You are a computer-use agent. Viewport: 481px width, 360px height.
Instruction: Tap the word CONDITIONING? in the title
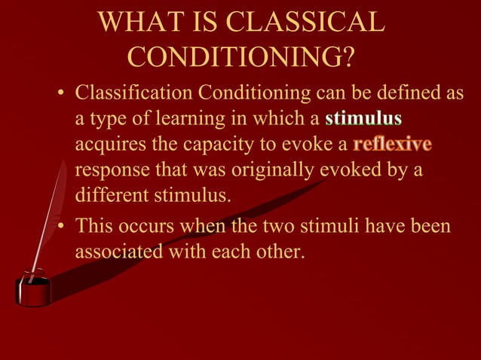(241, 56)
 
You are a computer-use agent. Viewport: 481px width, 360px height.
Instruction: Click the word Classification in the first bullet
(133, 93)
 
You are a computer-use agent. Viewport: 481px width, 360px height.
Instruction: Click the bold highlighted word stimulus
(363, 119)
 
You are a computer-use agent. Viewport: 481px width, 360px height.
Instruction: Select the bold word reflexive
(392, 144)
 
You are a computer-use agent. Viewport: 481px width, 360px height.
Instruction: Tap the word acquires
(109, 145)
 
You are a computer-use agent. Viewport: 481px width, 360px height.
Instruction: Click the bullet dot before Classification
(63, 95)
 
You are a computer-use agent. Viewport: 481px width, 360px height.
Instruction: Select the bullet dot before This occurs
(63, 226)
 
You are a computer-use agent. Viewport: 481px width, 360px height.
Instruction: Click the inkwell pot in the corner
(33, 291)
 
